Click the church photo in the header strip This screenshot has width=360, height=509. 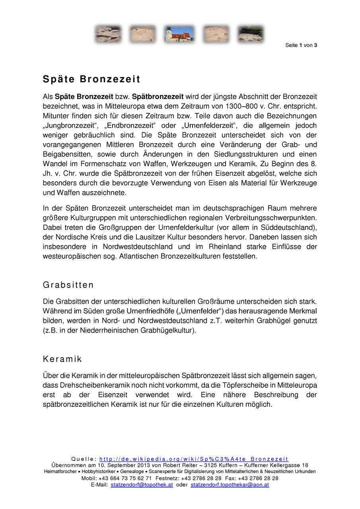(x=179, y=34)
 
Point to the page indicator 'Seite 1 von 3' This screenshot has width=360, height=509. (x=301, y=45)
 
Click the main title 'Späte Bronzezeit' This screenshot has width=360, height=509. (x=91, y=80)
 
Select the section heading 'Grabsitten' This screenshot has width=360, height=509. (x=68, y=285)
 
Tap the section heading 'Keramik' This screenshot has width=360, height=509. (x=62, y=359)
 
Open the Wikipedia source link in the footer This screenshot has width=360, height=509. (x=194, y=459)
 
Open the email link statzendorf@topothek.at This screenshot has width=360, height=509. (x=142, y=485)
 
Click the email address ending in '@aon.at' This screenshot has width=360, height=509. (x=230, y=485)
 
